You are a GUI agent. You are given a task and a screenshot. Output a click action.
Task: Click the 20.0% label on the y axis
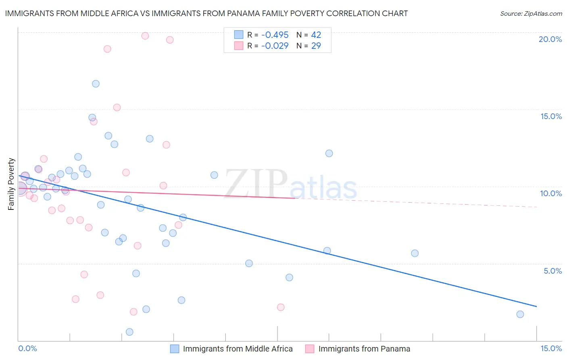point(550,39)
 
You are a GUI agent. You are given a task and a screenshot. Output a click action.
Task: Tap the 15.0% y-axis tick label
point(551,116)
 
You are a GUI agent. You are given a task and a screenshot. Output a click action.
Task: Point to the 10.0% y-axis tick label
point(551,193)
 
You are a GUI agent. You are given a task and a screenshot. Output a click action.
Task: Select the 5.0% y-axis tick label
point(552,271)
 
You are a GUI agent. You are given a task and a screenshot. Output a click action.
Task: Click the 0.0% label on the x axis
point(27,348)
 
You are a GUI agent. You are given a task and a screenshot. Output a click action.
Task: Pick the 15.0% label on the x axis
point(551,348)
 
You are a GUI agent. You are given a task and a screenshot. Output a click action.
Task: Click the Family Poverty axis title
point(11,184)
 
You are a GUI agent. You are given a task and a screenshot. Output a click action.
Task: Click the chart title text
point(206,13)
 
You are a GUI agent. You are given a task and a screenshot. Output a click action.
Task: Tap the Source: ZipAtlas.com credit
point(531,14)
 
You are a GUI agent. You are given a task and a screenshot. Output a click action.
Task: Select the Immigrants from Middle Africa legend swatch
point(174,349)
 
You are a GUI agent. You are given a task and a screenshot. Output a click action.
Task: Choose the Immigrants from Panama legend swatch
point(310,349)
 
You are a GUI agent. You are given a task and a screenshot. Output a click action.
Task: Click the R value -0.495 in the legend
point(275,35)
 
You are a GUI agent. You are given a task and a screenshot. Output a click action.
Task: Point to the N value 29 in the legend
point(316,46)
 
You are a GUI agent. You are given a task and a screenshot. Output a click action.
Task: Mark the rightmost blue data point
point(520,314)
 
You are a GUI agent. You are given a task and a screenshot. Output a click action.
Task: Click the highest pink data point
point(145,36)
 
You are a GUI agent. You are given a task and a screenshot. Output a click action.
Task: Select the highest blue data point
point(96,84)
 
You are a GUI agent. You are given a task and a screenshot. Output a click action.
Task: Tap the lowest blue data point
point(129,332)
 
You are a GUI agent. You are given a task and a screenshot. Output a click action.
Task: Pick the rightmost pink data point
point(281,307)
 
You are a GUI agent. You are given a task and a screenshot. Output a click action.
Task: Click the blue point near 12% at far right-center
point(329,153)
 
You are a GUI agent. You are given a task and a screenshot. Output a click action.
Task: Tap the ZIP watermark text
point(256,184)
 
